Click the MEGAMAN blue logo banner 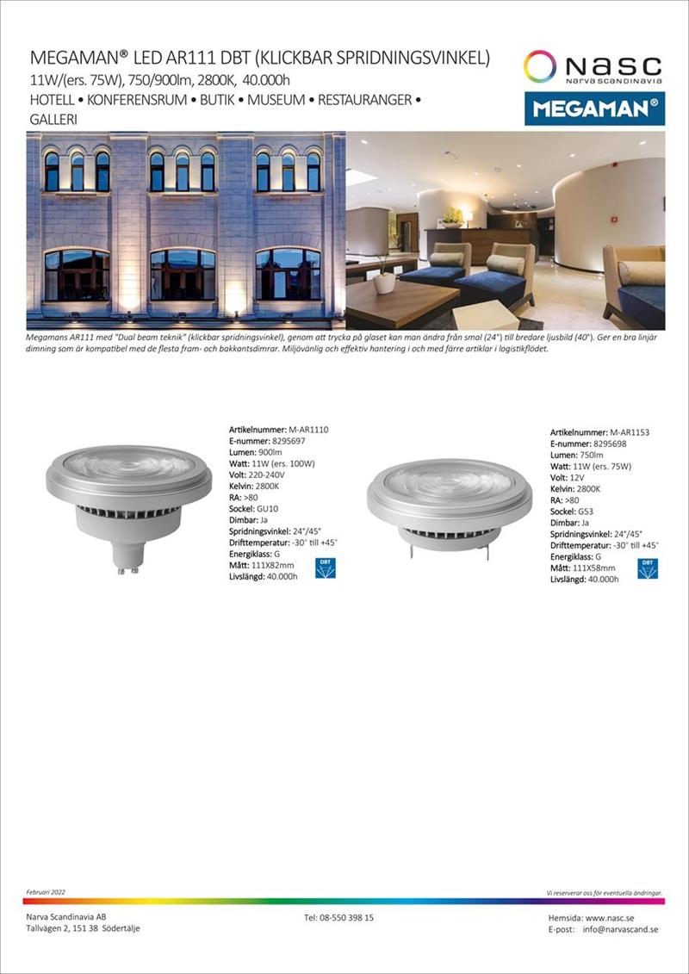[594, 109]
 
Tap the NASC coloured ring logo [540, 66]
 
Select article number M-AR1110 [308, 429]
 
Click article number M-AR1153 [630, 433]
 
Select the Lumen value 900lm [271, 452]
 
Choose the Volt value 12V [577, 478]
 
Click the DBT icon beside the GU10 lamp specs [325, 568]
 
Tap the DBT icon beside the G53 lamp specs [647, 568]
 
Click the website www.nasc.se [617, 919]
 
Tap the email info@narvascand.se [621, 930]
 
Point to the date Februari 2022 [47, 892]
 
